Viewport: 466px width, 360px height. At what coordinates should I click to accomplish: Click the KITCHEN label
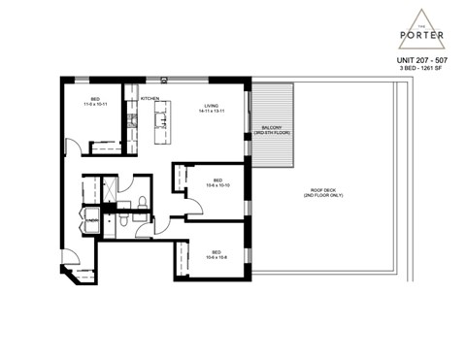(x=150, y=99)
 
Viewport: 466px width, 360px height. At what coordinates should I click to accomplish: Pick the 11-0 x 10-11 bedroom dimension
(x=94, y=105)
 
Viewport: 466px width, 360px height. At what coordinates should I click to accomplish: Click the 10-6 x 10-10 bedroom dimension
(x=218, y=186)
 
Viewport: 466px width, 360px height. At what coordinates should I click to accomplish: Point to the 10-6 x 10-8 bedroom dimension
(x=217, y=257)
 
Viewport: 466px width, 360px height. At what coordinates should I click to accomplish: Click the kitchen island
(x=160, y=118)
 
